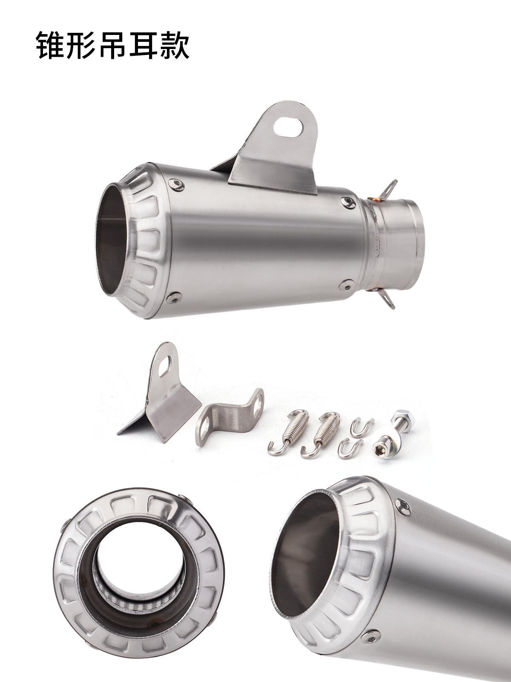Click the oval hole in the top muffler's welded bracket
(289, 125)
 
